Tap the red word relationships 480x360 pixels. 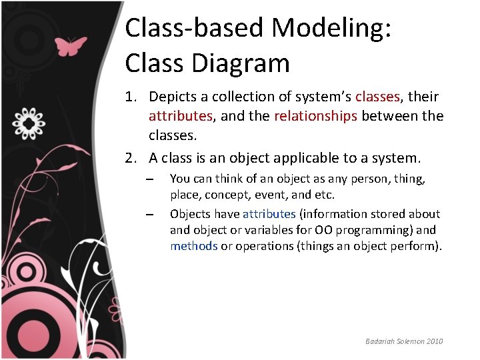click(x=316, y=116)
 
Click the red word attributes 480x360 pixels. click(x=180, y=116)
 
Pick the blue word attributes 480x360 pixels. click(x=269, y=214)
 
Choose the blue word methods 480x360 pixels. click(x=193, y=246)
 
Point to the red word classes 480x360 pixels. click(x=377, y=97)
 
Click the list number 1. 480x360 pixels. click(x=131, y=97)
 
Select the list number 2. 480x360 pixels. click(x=131, y=158)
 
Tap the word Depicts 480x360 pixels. click(x=171, y=97)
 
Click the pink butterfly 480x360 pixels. click(x=71, y=46)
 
